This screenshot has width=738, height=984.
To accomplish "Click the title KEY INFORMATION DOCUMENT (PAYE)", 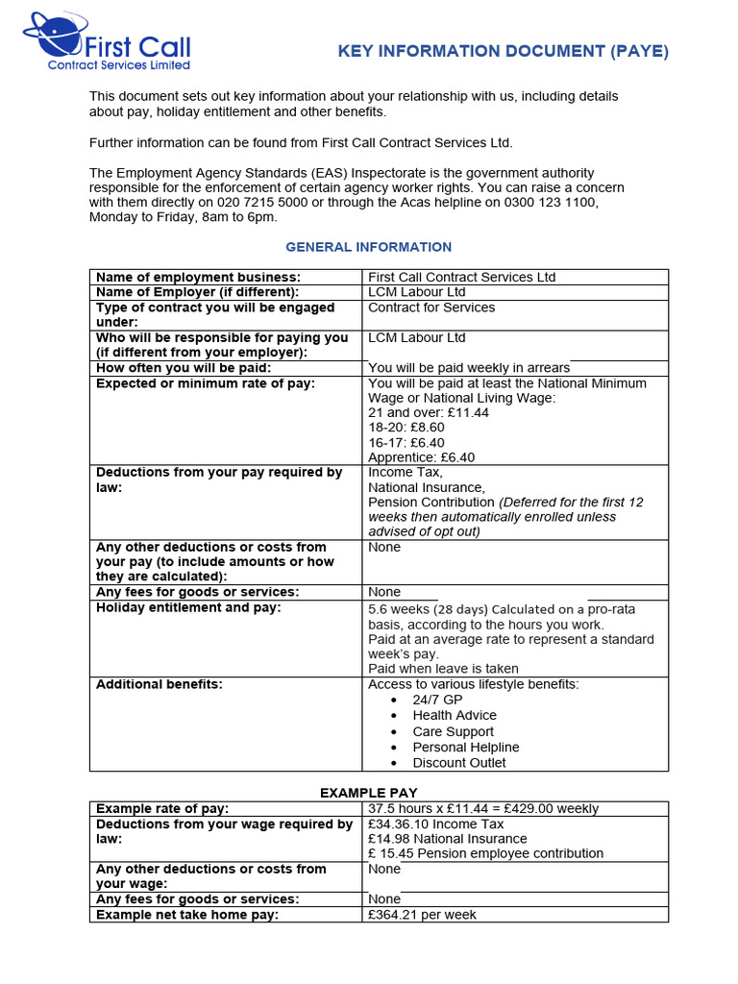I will click(x=503, y=52).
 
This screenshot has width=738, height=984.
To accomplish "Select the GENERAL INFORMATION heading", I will click(x=369, y=247).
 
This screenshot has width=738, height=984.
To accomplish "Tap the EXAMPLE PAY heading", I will click(x=369, y=793).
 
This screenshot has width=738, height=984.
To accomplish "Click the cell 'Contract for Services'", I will click(x=431, y=307).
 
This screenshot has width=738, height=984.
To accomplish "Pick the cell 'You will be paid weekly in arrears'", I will click(x=469, y=368).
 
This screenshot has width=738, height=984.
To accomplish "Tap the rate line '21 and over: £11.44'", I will click(x=429, y=412).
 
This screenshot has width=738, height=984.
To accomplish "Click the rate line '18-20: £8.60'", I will click(x=406, y=428).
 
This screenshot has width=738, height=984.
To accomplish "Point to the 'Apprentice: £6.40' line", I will click(x=421, y=457).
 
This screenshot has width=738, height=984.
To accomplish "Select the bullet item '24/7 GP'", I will click(x=437, y=700).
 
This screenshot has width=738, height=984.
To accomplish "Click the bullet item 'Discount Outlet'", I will click(x=458, y=763).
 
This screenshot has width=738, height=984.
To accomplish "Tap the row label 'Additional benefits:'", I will click(x=160, y=684).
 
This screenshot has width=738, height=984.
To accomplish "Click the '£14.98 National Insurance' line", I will click(x=447, y=839).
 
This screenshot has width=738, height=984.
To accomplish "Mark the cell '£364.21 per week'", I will click(x=422, y=915).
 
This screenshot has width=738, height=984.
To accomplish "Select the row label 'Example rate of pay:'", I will click(x=162, y=809).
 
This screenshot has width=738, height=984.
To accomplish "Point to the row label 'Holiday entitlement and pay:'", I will click(x=188, y=607).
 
